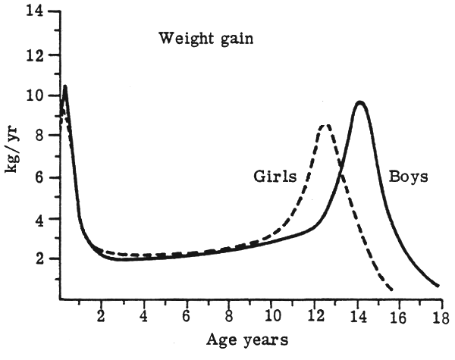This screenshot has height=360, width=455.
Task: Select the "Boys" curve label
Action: tap(409, 177)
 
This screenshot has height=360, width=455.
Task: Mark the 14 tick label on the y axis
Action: tap(34, 13)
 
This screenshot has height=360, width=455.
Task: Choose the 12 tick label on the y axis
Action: tap(34, 55)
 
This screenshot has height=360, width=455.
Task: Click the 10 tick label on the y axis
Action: tap(34, 95)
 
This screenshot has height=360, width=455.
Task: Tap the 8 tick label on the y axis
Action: tap(39, 136)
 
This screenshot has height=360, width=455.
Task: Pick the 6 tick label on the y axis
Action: tap(39, 177)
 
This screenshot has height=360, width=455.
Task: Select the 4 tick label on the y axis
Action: tap(39, 218)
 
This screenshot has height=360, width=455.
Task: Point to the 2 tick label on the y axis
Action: tap(39, 259)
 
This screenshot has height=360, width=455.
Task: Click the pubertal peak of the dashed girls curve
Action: tap(325, 125)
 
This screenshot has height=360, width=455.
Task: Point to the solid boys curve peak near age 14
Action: tap(360, 102)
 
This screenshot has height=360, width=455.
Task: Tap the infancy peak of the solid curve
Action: tap(65, 86)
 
